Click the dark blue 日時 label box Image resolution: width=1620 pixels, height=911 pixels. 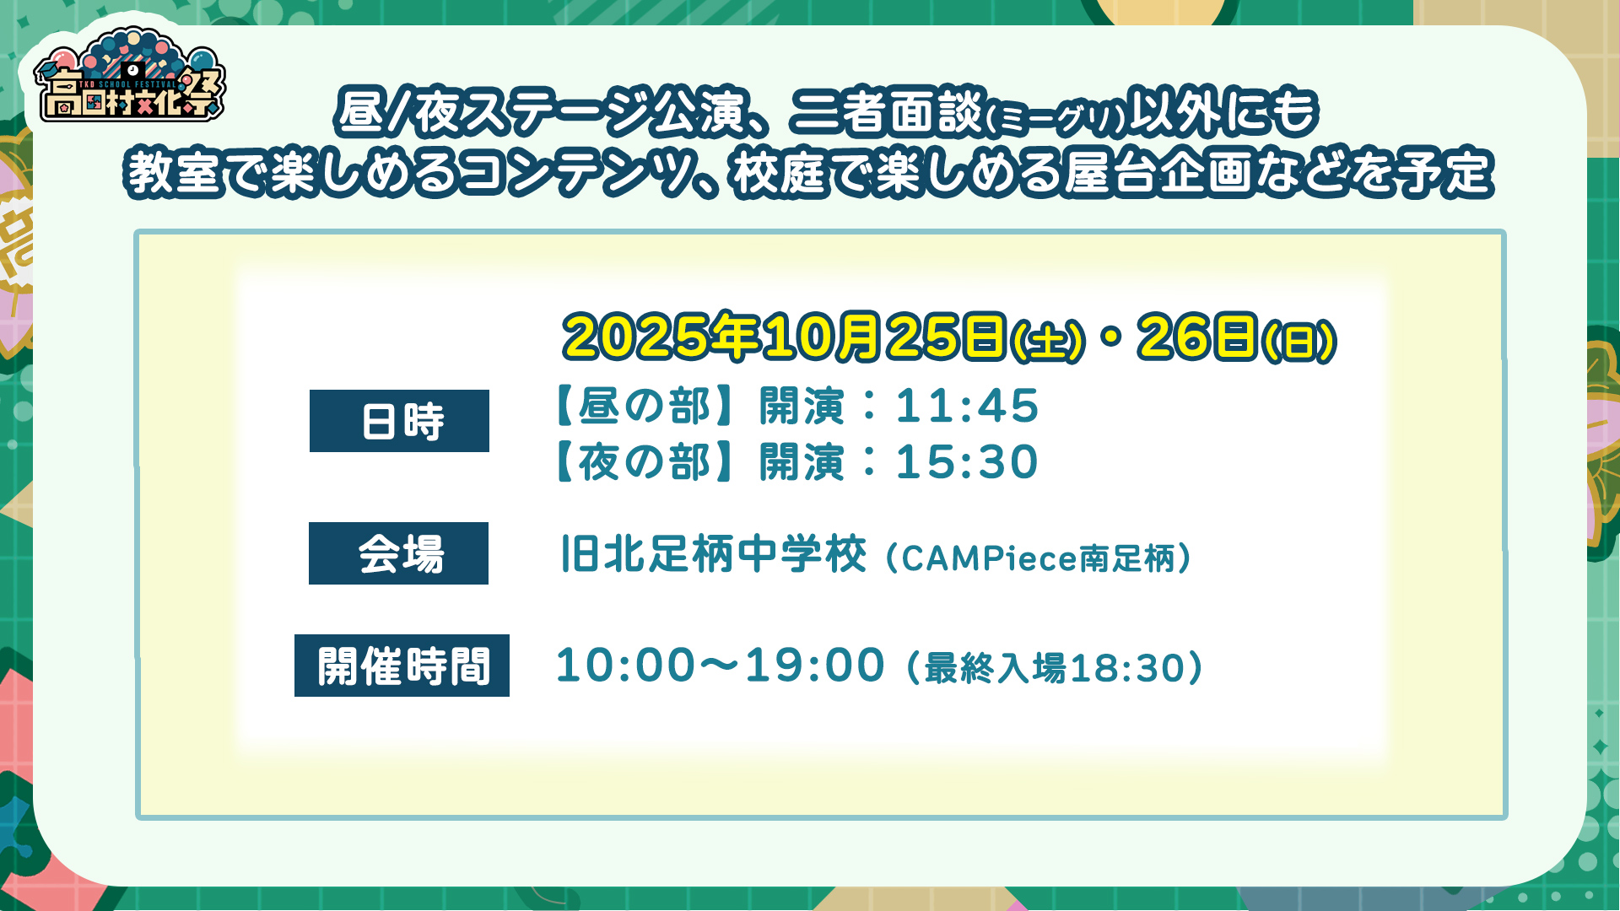click(399, 421)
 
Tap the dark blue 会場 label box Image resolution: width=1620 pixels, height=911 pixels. click(398, 553)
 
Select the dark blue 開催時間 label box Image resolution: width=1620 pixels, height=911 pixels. click(402, 666)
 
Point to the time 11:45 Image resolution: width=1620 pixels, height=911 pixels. click(967, 406)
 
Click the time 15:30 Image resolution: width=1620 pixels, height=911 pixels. click(967, 462)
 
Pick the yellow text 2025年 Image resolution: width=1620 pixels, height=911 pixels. click(662, 337)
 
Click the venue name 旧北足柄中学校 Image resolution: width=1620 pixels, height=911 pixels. click(714, 554)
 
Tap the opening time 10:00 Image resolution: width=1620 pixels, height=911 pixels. click(625, 666)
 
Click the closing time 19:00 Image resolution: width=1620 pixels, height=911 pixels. click(814, 666)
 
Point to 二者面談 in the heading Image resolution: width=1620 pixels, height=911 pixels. click(886, 111)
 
